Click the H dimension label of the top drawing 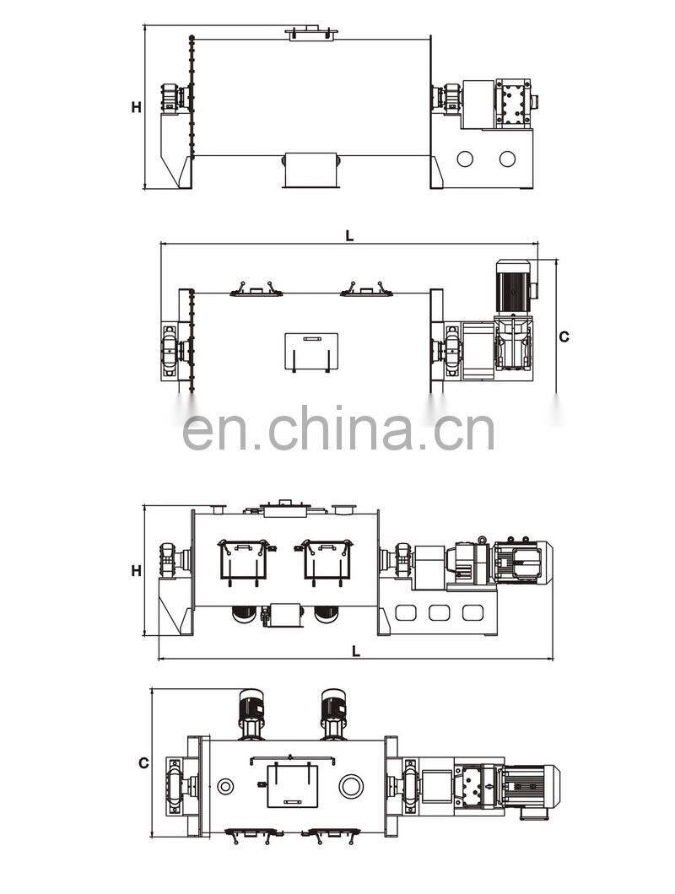136,107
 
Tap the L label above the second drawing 349,236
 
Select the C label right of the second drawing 564,337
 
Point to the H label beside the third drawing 136,571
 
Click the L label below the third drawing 355,650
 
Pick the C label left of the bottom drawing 143,762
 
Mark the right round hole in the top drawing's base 506,158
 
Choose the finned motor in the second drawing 512,285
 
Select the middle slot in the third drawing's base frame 439,613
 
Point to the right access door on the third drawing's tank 326,558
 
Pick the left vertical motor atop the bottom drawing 251,715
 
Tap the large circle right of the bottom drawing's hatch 351,787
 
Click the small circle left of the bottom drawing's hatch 226,787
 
